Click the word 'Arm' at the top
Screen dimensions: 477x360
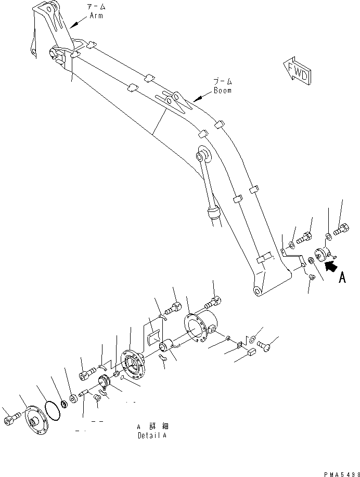tap(96, 16)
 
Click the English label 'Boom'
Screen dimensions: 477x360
tap(222, 90)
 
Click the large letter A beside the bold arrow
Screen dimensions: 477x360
tap(342, 278)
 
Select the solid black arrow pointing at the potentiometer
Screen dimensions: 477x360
tap(329, 267)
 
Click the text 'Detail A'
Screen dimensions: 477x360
tap(152, 435)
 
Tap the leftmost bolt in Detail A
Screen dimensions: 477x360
tap(11, 419)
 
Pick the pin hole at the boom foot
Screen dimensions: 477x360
tap(256, 291)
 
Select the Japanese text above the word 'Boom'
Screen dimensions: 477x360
tap(222, 82)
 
